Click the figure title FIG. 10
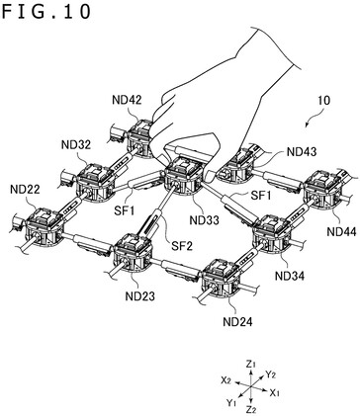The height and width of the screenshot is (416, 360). click(x=46, y=11)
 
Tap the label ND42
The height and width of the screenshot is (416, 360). click(x=127, y=100)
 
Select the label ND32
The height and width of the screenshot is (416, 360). click(x=76, y=144)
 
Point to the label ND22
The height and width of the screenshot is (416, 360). click(x=25, y=189)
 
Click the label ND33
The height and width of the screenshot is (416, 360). click(x=205, y=219)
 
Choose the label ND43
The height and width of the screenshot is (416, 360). click(x=302, y=152)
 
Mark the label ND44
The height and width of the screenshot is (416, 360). click(x=341, y=231)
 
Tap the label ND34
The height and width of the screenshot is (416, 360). click(x=290, y=276)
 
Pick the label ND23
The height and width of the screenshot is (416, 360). click(x=140, y=296)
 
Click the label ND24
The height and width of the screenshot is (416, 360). click(x=238, y=321)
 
